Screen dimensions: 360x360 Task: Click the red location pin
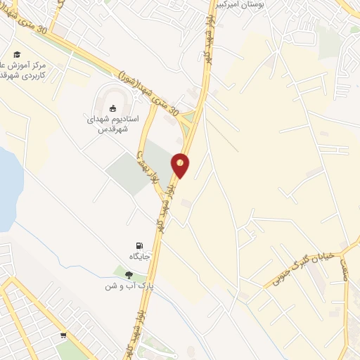tap(181, 165)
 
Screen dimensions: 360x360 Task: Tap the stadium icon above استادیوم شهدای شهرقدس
tap(112, 108)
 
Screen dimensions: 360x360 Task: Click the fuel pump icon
tap(139, 245)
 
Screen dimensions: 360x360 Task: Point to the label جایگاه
tap(139, 255)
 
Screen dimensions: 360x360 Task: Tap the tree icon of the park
tap(129, 275)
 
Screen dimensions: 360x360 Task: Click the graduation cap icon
tap(16, 53)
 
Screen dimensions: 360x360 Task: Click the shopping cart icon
tap(64, 336)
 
